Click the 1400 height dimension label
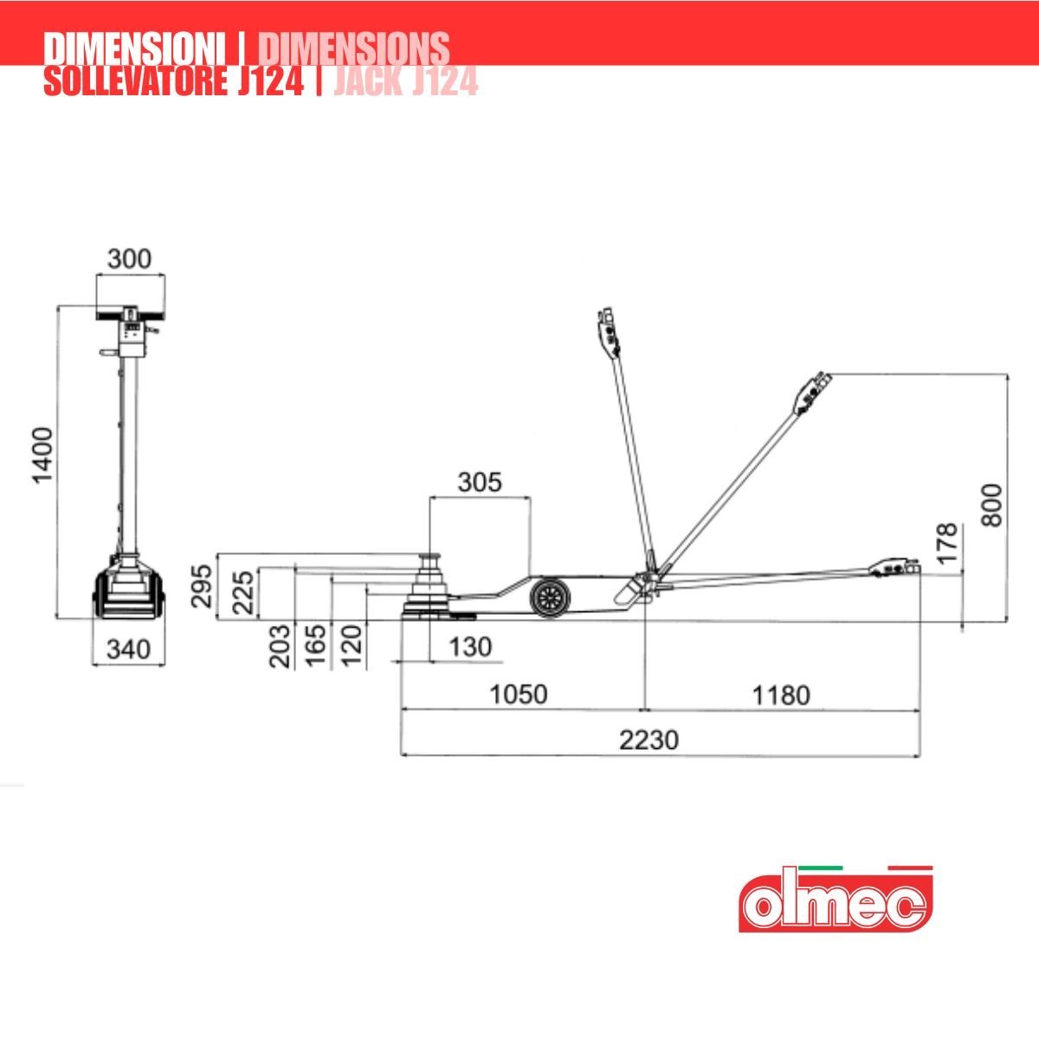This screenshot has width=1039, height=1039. click(x=43, y=455)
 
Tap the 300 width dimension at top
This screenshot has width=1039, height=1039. click(x=129, y=259)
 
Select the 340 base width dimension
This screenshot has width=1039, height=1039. click(x=129, y=649)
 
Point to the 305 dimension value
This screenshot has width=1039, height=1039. click(x=480, y=482)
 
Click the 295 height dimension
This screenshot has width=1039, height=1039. click(x=202, y=586)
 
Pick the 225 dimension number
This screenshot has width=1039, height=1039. click(x=243, y=592)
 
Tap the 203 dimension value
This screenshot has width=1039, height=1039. click(x=280, y=646)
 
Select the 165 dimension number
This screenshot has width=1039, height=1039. click(x=316, y=646)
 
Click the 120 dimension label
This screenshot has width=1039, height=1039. click(x=352, y=646)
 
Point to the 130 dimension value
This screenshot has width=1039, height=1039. click(x=470, y=647)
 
